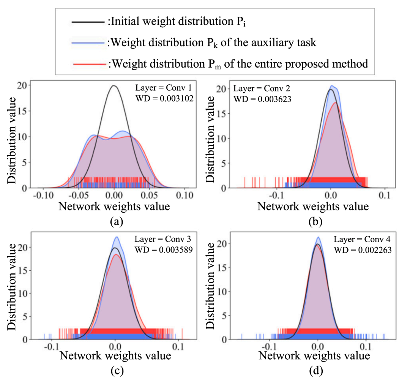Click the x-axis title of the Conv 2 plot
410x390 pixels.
click(313, 207)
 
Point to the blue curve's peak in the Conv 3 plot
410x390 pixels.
click(116, 237)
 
